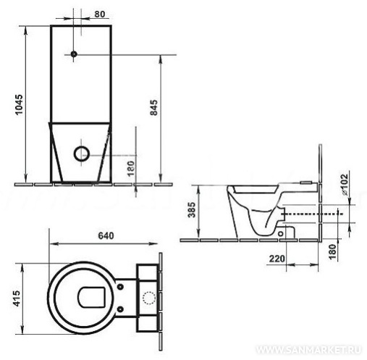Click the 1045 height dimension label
click(20, 104)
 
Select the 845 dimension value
click(153, 107)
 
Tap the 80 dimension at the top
click(100, 14)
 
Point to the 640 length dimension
click(106, 235)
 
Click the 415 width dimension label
click(17, 298)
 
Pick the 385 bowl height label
click(192, 210)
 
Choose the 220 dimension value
click(277, 259)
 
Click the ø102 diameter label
click(345, 184)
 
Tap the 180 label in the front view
click(130, 169)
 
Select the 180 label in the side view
click(332, 252)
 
